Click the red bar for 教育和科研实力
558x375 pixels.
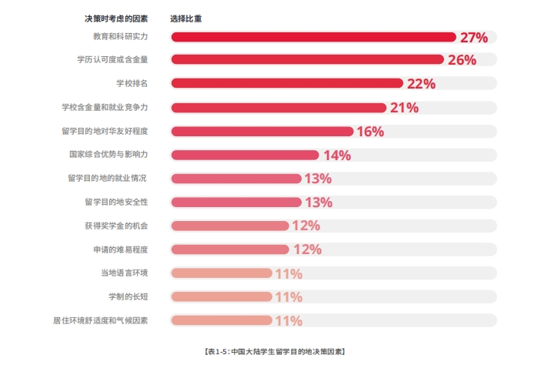(x=313, y=37)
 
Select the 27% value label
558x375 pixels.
(x=474, y=37)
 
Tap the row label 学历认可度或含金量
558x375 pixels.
(x=112, y=60)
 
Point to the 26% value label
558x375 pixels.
(x=462, y=60)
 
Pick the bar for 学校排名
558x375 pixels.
(x=286, y=84)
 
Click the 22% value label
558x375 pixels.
(x=421, y=84)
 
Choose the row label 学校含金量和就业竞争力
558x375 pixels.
(x=105, y=108)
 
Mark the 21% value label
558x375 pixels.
(x=404, y=108)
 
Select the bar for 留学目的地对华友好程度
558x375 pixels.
(x=262, y=132)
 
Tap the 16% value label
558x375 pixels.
(x=370, y=132)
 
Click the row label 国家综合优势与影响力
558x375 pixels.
(x=108, y=155)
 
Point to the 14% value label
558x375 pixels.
(x=336, y=156)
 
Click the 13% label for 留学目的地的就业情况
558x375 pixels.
(x=318, y=179)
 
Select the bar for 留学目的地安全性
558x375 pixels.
(x=236, y=203)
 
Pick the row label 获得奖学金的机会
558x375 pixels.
(x=116, y=226)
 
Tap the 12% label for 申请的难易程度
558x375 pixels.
(x=306, y=249)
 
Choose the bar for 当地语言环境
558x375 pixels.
(x=221, y=273)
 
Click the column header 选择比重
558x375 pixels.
(x=186, y=18)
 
